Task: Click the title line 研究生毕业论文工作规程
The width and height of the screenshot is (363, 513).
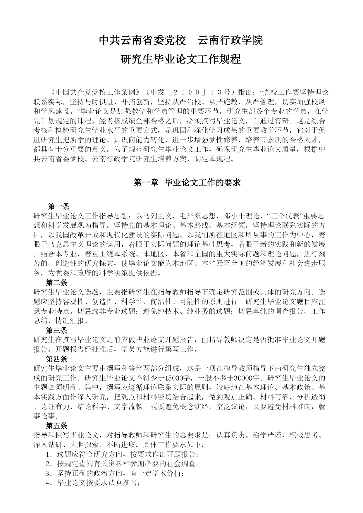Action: tap(181, 59)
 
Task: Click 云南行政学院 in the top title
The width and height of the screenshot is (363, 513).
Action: tap(230, 40)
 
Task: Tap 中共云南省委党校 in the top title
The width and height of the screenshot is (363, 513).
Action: tap(142, 40)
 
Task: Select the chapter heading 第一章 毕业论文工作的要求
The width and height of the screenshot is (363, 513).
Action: tap(187, 183)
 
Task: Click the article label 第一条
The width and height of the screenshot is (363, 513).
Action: tap(59, 206)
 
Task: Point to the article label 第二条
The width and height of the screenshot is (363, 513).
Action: tap(57, 283)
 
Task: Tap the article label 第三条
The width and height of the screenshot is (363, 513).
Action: tap(57, 330)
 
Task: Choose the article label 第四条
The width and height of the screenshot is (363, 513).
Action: tap(57, 359)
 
